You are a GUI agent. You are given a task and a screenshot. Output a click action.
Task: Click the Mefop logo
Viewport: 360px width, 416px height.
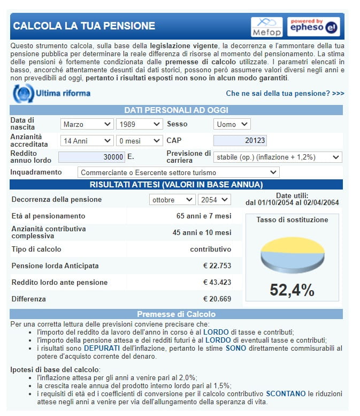pyautogui.click(x=266, y=26)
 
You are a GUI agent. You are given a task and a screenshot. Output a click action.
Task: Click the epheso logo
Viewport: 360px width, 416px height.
pyautogui.click(x=313, y=26)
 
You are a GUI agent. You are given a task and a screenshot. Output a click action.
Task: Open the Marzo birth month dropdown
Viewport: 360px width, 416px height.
pyautogui.click(x=87, y=124)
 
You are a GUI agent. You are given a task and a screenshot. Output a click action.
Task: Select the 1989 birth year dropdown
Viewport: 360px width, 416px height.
pyautogui.click(x=139, y=124)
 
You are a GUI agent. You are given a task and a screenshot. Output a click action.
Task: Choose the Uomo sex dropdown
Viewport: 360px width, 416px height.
pyautogui.click(x=232, y=124)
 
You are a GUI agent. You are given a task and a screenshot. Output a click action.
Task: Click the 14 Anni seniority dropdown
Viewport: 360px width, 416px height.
pyautogui.click(x=87, y=141)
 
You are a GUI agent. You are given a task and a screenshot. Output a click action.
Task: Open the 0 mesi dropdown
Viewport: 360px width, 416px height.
pyautogui.click(x=139, y=141)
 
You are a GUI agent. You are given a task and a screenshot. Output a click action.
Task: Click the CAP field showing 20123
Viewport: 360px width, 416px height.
pyautogui.click(x=240, y=141)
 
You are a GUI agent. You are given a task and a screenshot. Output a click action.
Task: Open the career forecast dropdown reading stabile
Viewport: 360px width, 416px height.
pyautogui.click(x=277, y=157)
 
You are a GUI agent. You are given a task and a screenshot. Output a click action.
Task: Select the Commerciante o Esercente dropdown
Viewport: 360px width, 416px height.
pyautogui.click(x=179, y=172)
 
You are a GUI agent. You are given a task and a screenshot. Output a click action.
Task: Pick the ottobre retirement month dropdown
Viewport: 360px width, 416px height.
pyautogui.click(x=172, y=200)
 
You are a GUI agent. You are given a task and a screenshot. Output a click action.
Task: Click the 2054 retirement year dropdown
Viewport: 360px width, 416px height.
pyautogui.click(x=214, y=200)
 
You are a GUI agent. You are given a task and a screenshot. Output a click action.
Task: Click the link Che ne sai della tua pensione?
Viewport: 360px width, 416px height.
pyautogui.click(x=285, y=93)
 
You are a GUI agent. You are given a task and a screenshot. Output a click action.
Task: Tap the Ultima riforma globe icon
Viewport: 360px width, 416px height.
pyautogui.click(x=22, y=93)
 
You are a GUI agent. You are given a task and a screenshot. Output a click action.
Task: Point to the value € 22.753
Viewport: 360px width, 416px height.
pyautogui.click(x=217, y=266)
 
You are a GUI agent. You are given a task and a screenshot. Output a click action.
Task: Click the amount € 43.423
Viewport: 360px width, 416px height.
pyautogui.click(x=217, y=283)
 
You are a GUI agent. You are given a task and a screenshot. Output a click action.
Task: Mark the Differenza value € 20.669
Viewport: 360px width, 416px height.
pyautogui.click(x=217, y=299)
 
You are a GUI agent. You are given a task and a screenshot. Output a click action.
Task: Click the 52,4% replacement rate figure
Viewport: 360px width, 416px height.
pyautogui.click(x=292, y=290)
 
